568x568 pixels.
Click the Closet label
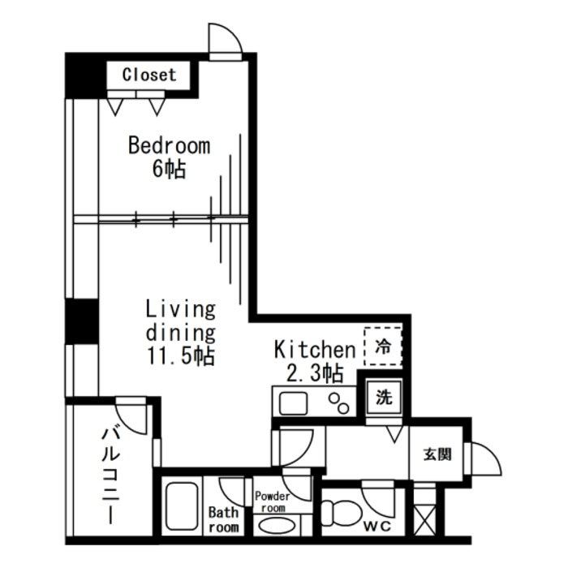(149, 75)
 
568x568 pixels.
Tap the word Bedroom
(169, 146)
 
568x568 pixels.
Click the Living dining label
(180, 321)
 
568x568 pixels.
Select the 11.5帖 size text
(180, 356)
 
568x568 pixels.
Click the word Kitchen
(315, 350)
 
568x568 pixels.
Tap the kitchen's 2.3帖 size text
(315, 373)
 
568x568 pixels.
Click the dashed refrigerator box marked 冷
(383, 347)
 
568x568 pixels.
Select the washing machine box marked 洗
(384, 398)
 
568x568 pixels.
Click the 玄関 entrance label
(437, 454)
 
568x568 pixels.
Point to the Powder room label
(272, 501)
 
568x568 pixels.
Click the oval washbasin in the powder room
(280, 525)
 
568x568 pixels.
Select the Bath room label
(224, 520)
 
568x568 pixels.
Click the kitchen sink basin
(292, 402)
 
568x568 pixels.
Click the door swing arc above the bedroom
(224, 41)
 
